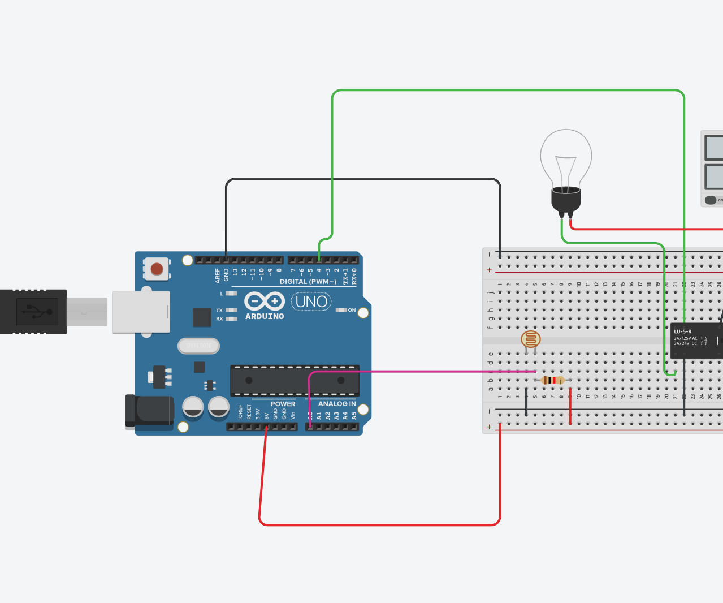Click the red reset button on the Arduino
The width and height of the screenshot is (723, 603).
tap(157, 269)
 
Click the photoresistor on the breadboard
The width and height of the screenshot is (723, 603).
tap(530, 339)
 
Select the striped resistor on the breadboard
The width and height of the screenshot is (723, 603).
tap(552, 380)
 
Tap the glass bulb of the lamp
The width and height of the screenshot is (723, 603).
tap(566, 156)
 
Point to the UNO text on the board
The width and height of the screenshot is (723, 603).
tap(311, 301)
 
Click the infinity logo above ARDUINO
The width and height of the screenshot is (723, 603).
tap(264, 301)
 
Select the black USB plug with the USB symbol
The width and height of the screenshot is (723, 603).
tap(33, 311)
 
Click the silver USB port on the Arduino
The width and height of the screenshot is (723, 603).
tap(141, 312)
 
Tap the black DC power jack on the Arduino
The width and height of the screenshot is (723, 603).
tap(149, 411)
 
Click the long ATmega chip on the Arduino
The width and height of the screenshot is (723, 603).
tap(295, 381)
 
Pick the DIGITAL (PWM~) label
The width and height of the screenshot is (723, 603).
tap(308, 282)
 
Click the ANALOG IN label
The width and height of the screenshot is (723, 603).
tap(337, 404)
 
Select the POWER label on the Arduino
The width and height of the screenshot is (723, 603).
tap(283, 404)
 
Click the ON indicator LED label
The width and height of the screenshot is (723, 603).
tap(351, 310)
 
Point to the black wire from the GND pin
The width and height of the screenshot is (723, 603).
tap(362, 179)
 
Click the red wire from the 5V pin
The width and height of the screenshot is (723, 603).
tap(379, 524)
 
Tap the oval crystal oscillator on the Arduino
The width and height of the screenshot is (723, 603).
tap(198, 346)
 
